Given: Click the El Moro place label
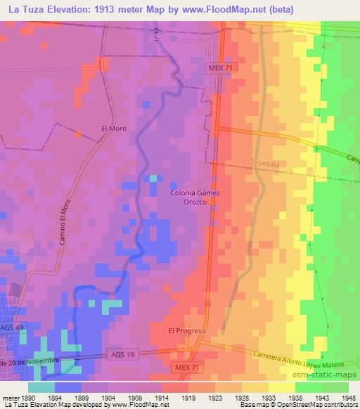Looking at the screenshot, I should click(x=112, y=129).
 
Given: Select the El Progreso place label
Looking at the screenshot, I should click(x=186, y=330).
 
